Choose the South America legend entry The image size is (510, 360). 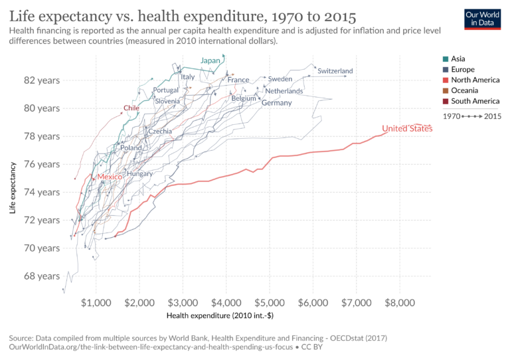(475, 101)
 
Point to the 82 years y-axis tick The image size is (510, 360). (41, 80)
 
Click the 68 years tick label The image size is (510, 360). (41, 276)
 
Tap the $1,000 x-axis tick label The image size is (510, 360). (96, 302)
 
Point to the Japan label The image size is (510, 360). (210, 61)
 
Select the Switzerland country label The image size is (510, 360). (335, 71)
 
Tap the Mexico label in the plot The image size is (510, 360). (110, 177)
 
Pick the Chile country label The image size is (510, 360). (131, 108)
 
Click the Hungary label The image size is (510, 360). (139, 174)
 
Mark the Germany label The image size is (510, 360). (276, 103)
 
